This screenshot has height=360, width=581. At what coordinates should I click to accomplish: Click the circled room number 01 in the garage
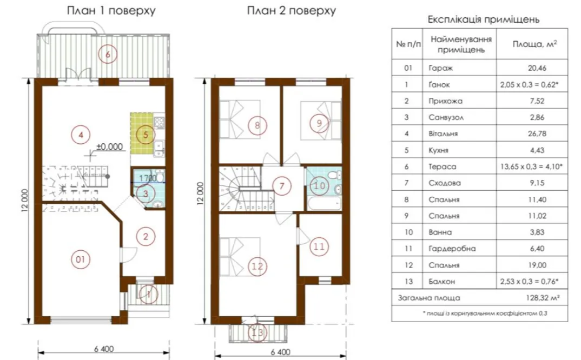coord(81,259)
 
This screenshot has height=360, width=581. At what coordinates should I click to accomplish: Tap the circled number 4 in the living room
coord(81,135)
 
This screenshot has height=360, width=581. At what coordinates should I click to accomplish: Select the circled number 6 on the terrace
coord(108,55)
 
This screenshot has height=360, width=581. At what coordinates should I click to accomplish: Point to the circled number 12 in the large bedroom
coord(258,266)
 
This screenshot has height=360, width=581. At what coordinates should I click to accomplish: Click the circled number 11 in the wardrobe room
coord(319,246)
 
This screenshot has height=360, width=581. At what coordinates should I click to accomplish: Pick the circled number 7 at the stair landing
coord(282,186)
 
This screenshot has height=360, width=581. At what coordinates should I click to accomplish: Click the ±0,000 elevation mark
coord(110,146)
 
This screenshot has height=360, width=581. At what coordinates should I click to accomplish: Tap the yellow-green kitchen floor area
coord(142,134)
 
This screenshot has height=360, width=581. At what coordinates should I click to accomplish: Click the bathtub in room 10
coord(324,204)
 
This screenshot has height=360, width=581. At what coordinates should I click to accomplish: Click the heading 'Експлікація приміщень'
coord(484,19)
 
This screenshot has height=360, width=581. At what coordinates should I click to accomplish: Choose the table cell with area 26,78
coord(537,134)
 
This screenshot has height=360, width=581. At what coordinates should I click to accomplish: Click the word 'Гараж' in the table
coord(440,68)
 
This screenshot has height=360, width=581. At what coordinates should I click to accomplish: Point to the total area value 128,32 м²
coord(543,297)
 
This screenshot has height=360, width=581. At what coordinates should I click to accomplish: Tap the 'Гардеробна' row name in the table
coord(452,249)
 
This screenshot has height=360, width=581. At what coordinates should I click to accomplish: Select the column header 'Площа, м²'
coord(534,44)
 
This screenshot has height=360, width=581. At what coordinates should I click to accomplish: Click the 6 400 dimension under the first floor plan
coord(104,349)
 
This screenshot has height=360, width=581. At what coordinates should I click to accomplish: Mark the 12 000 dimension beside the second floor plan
coord(201,194)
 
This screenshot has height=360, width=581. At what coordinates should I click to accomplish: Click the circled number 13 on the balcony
coord(258,332)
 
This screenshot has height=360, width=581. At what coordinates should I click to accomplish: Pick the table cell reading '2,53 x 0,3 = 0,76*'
coord(529,282)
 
